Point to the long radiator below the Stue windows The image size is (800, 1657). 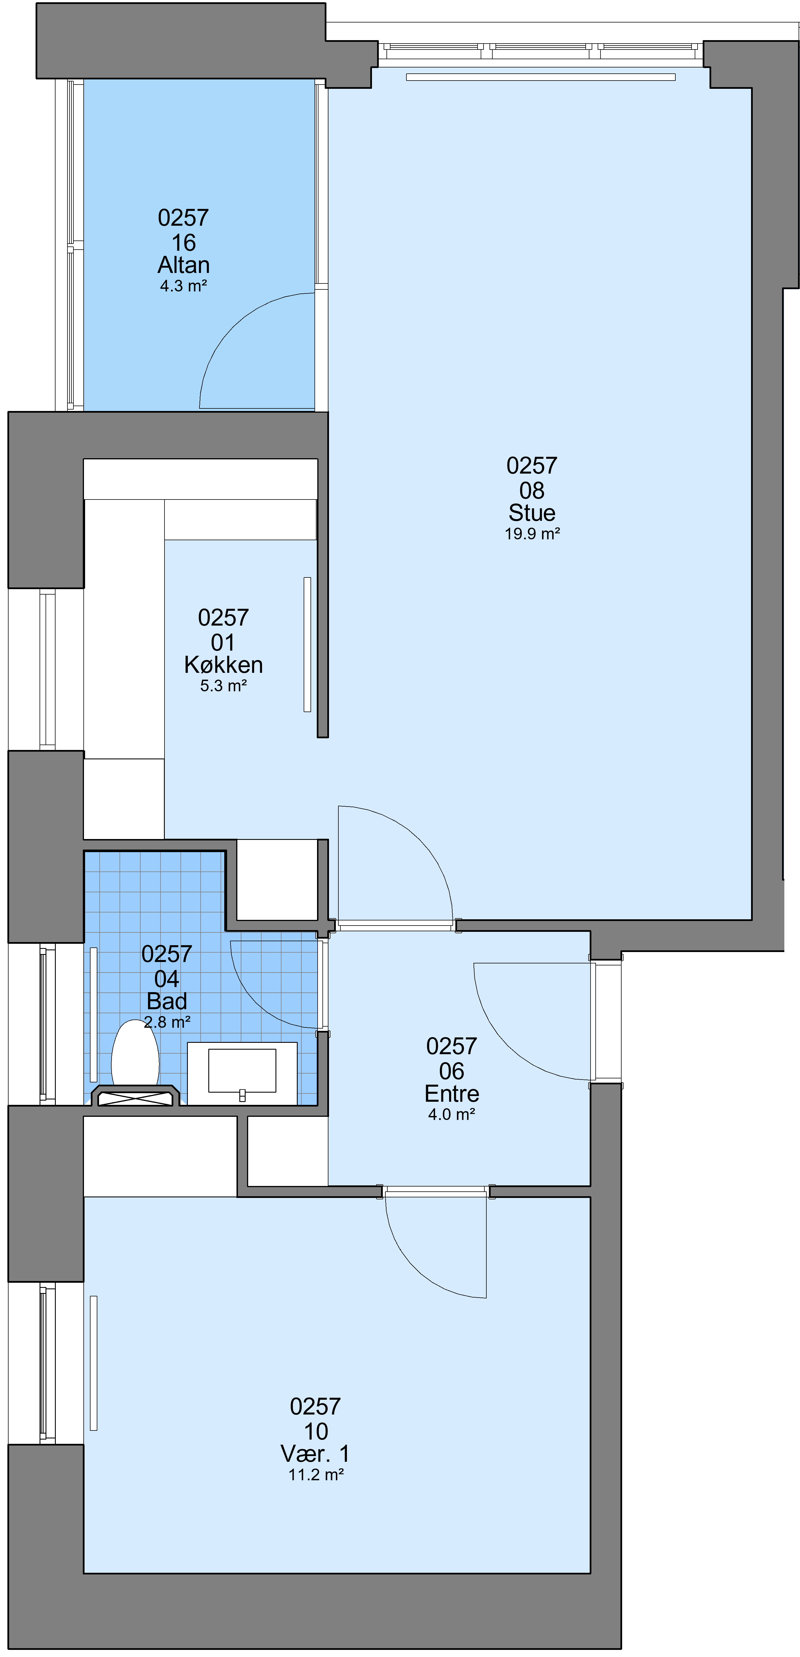click(541, 77)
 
